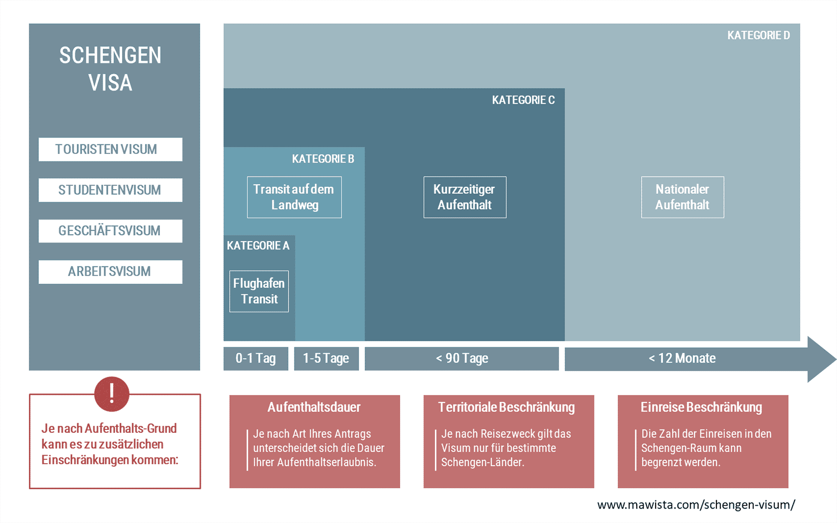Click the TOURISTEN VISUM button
tap(110, 149)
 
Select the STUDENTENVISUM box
tap(110, 190)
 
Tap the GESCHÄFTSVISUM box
tap(110, 231)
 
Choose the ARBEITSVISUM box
tap(110, 271)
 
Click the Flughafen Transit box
tap(259, 291)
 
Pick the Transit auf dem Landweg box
tap(294, 197)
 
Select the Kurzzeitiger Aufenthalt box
tap(465, 197)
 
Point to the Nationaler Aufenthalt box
tap(683, 197)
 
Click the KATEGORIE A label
tap(258, 246)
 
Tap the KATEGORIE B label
tap(323, 159)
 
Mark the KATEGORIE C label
tap(523, 100)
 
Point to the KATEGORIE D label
tap(758, 35)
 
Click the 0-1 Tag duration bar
tap(256, 359)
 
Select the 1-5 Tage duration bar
tap(326, 359)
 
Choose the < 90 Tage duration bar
tap(462, 359)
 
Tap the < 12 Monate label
tap(683, 358)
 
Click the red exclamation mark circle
tap(112, 394)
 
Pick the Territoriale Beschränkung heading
tap(506, 407)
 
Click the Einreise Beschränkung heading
tap(701, 407)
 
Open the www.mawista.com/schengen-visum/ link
tap(696, 505)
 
